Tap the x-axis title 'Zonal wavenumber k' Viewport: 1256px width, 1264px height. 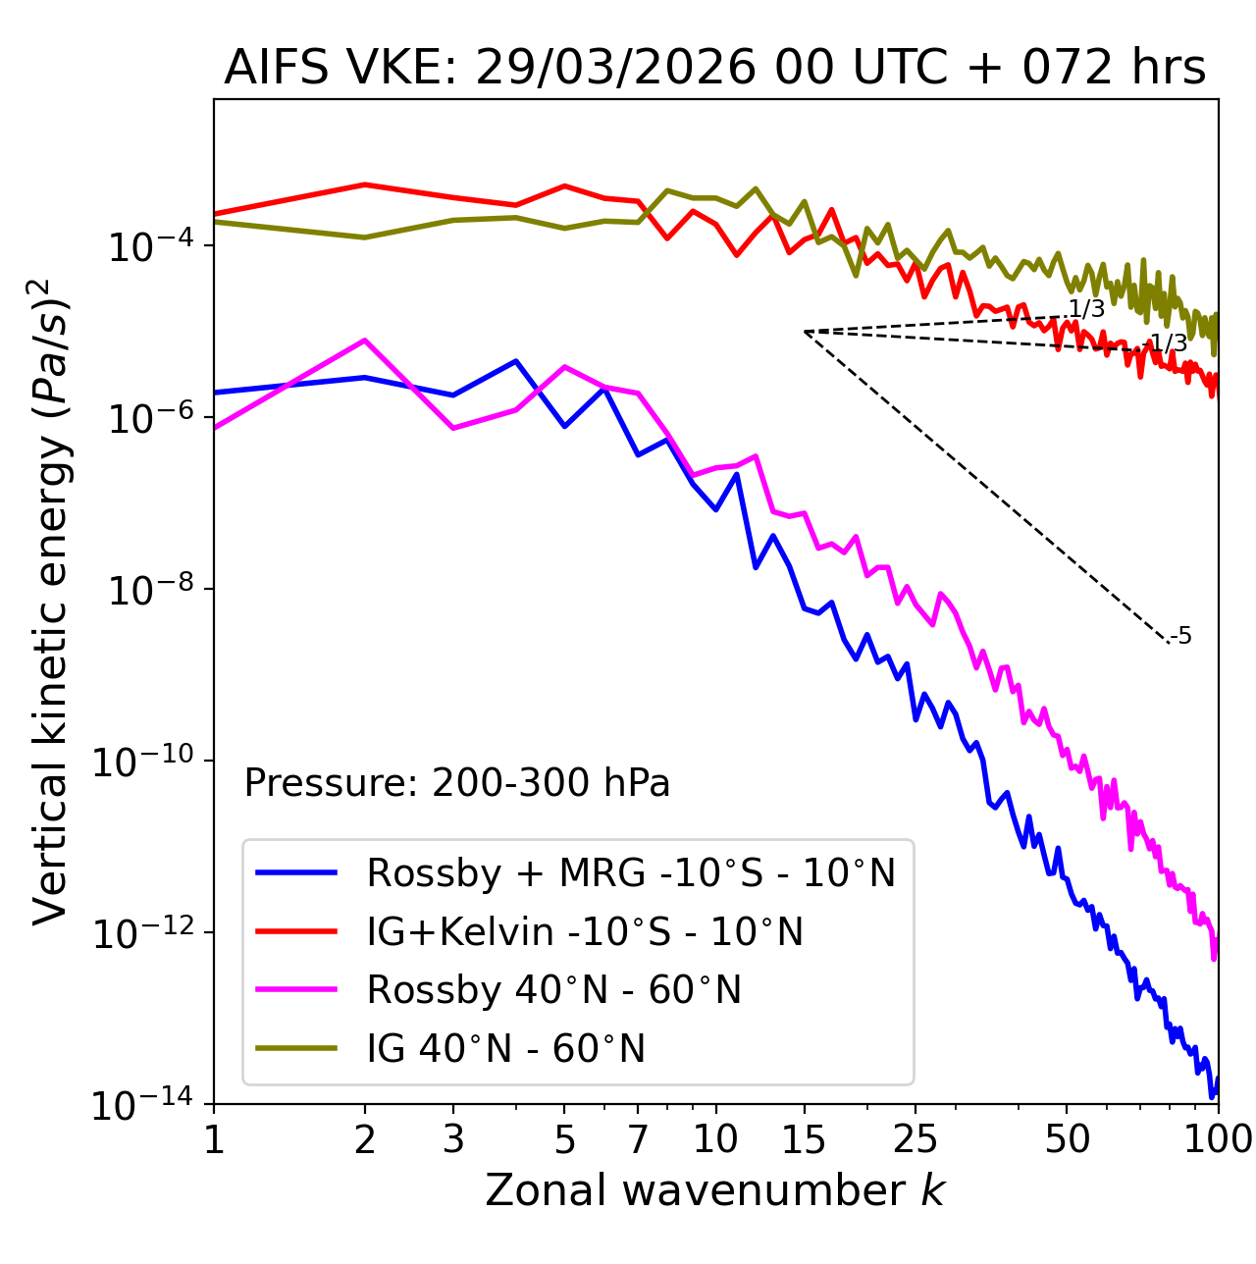pyautogui.click(x=714, y=1190)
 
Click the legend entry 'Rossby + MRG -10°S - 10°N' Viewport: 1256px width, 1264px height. pyautogui.click(x=631, y=872)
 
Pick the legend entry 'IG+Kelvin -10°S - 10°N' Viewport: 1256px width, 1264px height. pyautogui.click(x=585, y=931)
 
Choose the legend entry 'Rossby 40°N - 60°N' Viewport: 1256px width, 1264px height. pyautogui.click(x=553, y=990)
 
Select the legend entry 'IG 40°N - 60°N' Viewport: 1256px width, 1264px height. pyautogui.click(x=505, y=1049)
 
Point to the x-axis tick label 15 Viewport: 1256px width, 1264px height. pyautogui.click(x=805, y=1139)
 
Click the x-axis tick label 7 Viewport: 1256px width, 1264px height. pyautogui.click(x=638, y=1139)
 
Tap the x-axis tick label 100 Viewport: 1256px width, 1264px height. pyautogui.click(x=1217, y=1139)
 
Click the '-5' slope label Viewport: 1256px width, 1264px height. pyautogui.click(x=1182, y=637)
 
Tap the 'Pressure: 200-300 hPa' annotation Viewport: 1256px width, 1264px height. pyautogui.click(x=457, y=783)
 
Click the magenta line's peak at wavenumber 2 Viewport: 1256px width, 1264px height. pyautogui.click(x=365, y=341)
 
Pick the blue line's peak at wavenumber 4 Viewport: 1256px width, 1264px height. pyautogui.click(x=516, y=361)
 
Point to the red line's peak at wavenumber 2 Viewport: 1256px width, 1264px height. pyautogui.click(x=365, y=184)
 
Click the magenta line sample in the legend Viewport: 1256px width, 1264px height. pyautogui.click(x=296, y=990)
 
